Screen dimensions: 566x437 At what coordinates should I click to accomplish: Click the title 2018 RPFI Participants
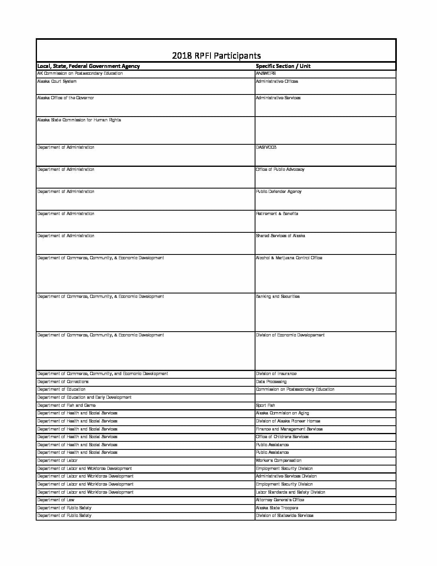pos(216,56)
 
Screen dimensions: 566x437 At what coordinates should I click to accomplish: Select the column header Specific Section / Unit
pos(283,66)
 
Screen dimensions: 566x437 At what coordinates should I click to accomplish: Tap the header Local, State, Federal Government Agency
pos(88,66)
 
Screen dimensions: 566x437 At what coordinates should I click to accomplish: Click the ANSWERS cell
pos(265,74)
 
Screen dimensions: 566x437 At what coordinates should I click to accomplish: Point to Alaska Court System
pos(57,82)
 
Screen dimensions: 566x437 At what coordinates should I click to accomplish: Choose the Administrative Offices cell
pos(277,82)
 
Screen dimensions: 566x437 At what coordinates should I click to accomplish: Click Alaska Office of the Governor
pos(65,98)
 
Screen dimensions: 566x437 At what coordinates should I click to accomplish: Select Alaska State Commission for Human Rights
pos(79,120)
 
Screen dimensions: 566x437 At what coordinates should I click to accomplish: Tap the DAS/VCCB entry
pos(266,148)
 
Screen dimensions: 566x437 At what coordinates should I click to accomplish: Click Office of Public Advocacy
pos(280,170)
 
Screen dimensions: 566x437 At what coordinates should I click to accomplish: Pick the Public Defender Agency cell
pos(278,192)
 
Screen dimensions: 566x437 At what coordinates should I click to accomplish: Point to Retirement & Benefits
pos(277,214)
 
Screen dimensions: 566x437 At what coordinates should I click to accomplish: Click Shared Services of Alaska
pos(280,236)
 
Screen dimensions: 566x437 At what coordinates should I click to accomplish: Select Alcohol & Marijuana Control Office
pos(289,258)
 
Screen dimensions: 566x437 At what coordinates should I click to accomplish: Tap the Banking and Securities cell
pos(278,297)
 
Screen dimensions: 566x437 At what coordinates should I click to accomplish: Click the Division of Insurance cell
pos(276,374)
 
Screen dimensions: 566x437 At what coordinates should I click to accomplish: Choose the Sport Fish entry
pos(265,406)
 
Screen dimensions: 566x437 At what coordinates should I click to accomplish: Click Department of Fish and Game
pos(66,406)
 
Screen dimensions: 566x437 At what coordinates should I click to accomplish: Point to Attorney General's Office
pos(280,500)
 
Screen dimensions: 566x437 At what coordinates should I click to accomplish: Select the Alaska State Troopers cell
pos(277,508)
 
